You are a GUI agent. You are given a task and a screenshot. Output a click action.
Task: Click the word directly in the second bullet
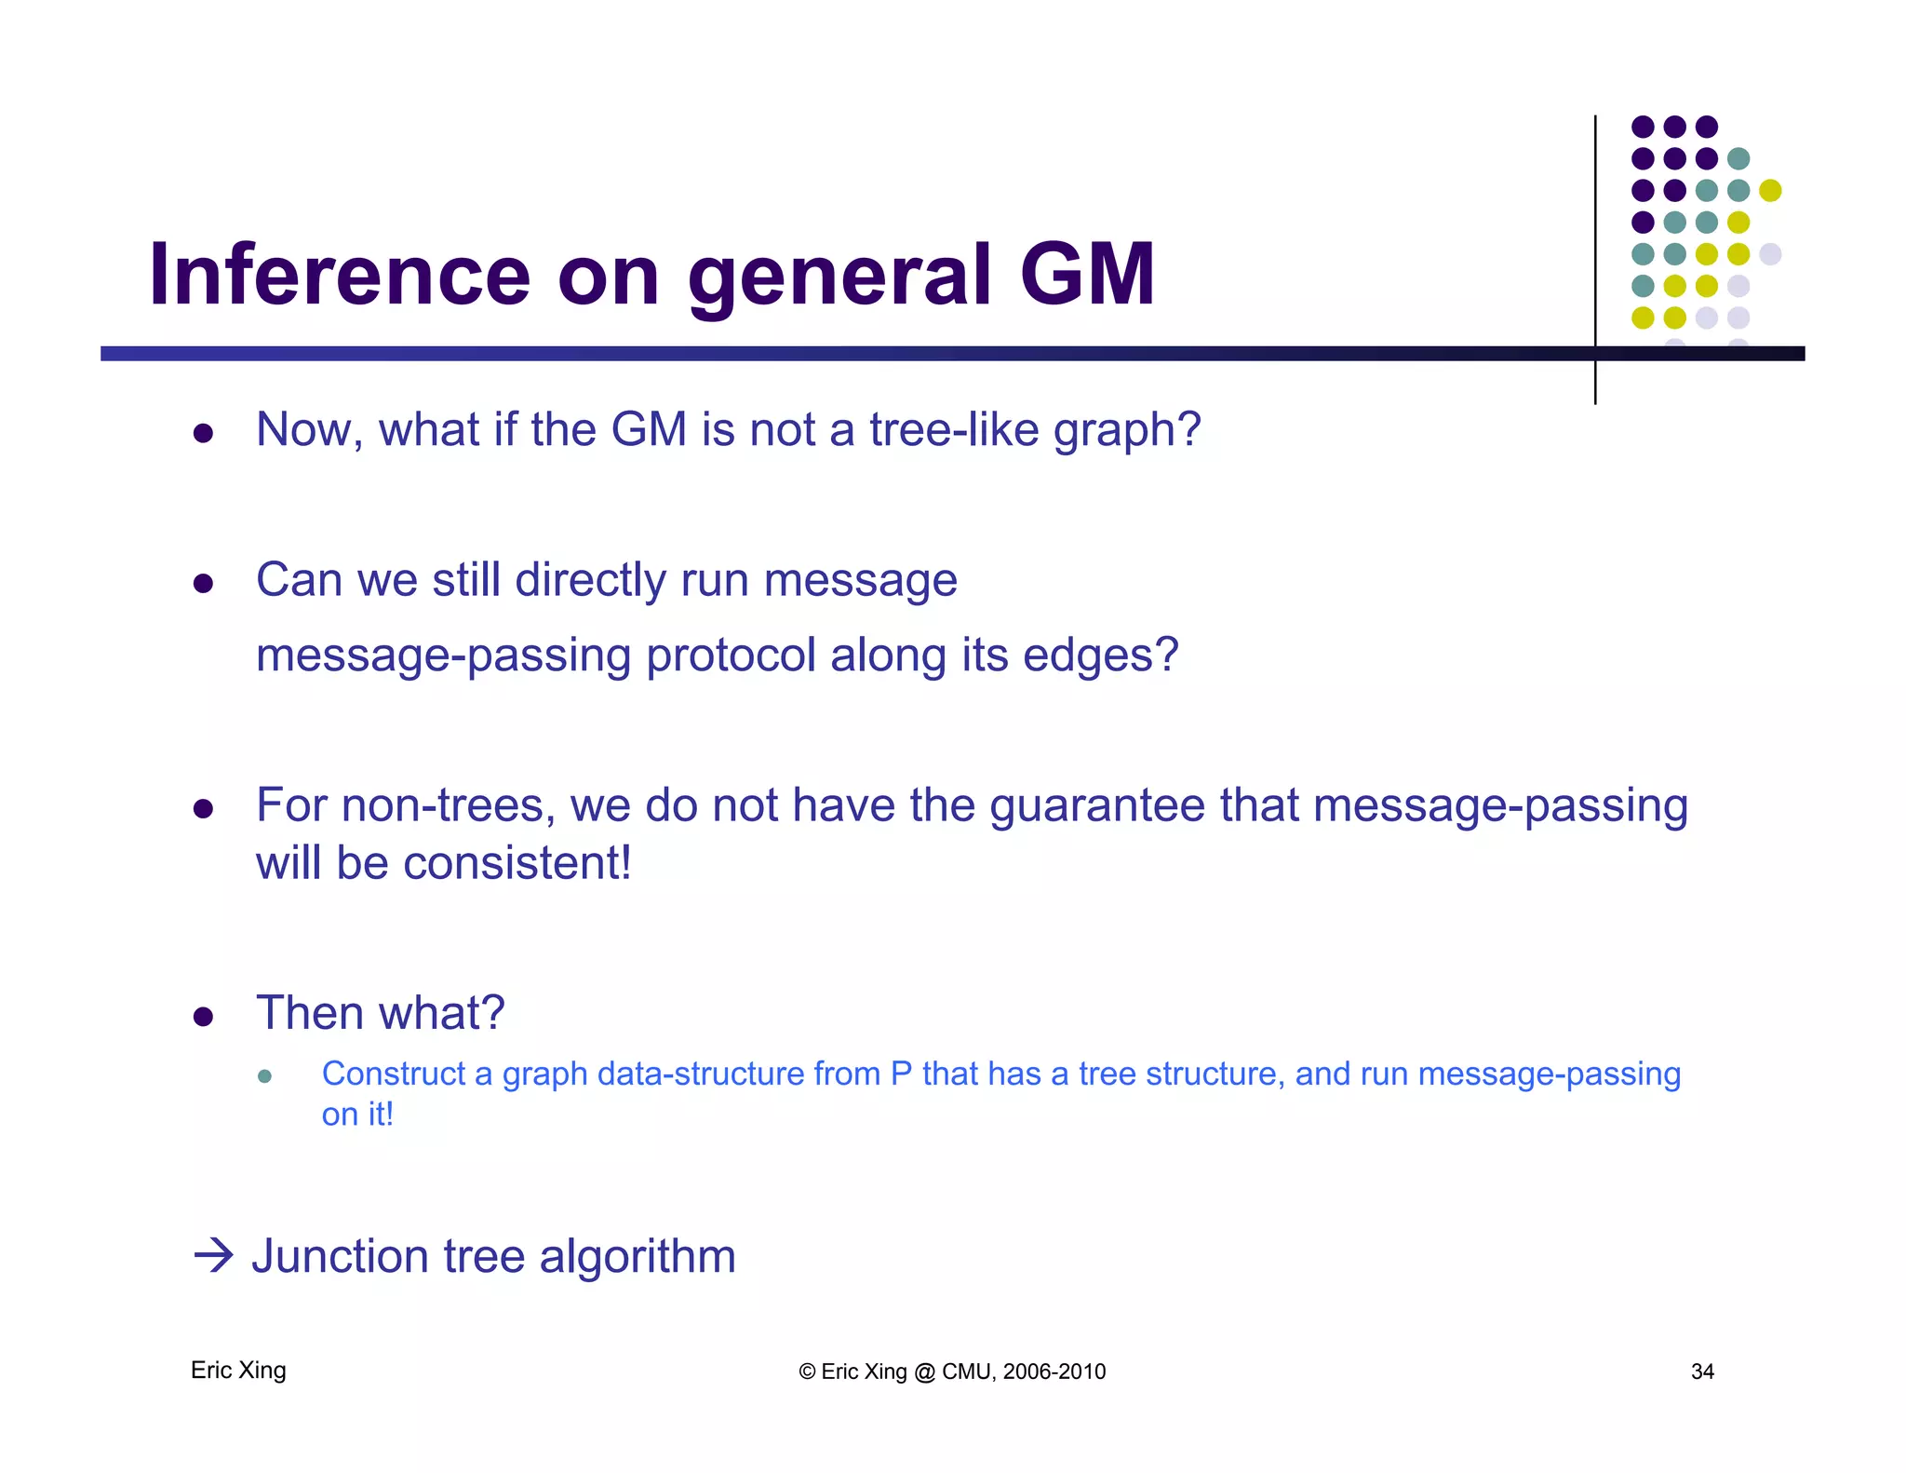coord(590,581)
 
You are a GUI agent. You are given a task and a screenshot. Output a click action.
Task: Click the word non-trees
coord(448,805)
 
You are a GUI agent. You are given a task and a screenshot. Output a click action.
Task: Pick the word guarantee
coord(1097,807)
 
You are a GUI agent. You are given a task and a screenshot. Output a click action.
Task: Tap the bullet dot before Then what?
coord(204,1016)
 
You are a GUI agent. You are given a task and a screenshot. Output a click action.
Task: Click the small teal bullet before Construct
coord(264,1076)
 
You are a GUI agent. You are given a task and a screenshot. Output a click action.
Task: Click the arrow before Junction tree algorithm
coord(213,1255)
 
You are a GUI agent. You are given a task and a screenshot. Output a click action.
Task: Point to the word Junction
coord(340,1256)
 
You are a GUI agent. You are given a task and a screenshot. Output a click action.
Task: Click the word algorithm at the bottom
coord(638,1258)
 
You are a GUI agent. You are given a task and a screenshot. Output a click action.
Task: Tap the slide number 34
coord(1702,1372)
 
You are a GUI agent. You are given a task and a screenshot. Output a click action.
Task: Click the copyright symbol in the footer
coord(807,1372)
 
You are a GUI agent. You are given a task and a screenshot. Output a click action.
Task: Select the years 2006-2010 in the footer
coord(1054,1372)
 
